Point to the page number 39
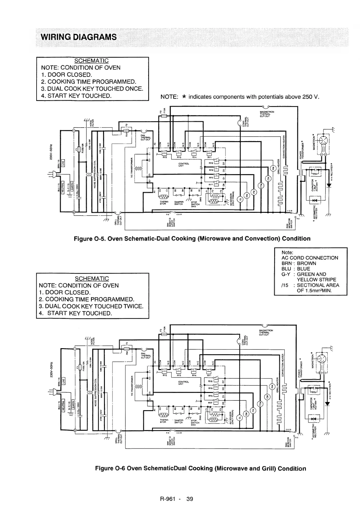point(190,499)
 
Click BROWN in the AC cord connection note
point(306,263)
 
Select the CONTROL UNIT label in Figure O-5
point(183,164)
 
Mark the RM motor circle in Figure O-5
point(273,168)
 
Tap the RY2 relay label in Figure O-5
point(165,157)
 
